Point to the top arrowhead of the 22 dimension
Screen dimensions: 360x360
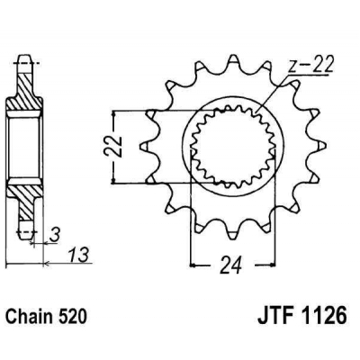click(x=114, y=114)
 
